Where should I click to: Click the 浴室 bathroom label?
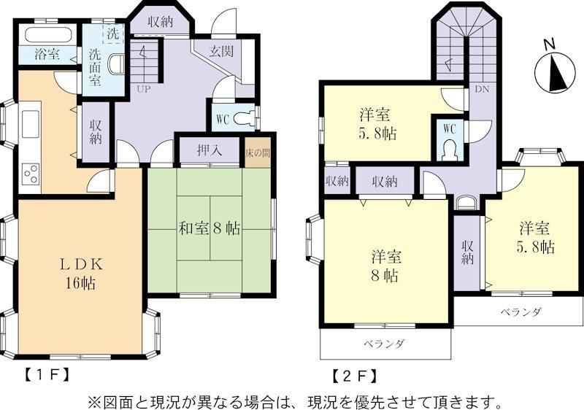(47, 55)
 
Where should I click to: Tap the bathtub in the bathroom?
(47, 35)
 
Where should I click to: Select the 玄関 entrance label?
(221, 51)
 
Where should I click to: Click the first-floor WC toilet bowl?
(244, 119)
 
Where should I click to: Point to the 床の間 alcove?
(258, 153)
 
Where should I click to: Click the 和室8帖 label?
(210, 228)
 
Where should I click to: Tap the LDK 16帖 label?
(81, 274)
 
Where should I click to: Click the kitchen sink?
(31, 124)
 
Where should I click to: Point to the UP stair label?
(144, 89)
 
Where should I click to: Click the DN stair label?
(482, 89)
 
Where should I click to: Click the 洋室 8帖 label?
(386, 266)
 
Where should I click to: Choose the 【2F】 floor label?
(354, 375)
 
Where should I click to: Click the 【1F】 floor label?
(47, 374)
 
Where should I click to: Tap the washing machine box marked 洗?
(113, 34)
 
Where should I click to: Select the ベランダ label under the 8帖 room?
(384, 344)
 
